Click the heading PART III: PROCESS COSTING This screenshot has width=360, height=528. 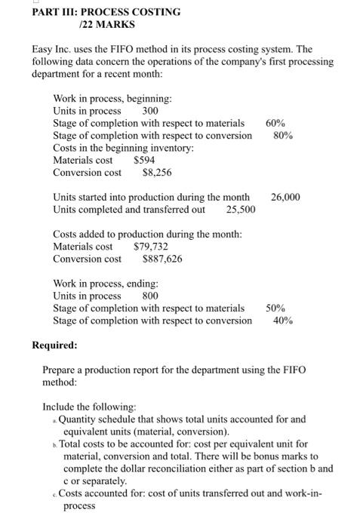(x=95, y=12)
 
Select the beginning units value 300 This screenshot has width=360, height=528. (x=150, y=111)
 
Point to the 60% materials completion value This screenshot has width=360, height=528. (x=275, y=123)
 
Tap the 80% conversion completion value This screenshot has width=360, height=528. (x=284, y=135)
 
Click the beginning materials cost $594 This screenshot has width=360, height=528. (x=144, y=160)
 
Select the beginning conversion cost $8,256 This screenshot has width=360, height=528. (x=157, y=172)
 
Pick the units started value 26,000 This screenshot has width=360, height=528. (x=285, y=197)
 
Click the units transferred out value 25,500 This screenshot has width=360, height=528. (x=241, y=209)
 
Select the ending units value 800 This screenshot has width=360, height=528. (x=150, y=296)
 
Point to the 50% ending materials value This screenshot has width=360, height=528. (x=275, y=308)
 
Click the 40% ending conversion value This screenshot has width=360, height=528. (x=284, y=321)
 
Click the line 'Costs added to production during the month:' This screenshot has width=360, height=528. (x=147, y=234)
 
